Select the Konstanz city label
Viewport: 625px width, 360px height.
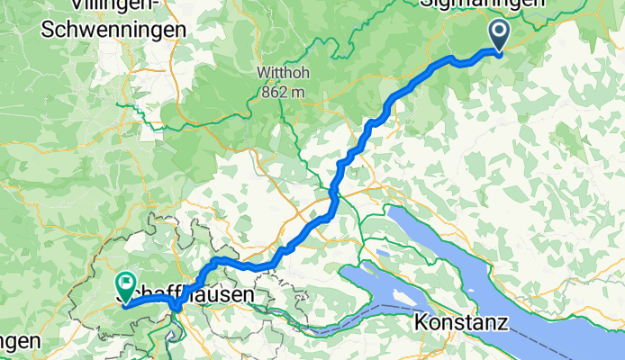tap(462, 321)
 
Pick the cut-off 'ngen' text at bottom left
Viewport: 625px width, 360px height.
tap(19, 342)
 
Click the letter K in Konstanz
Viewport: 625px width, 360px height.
tap(422, 321)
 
